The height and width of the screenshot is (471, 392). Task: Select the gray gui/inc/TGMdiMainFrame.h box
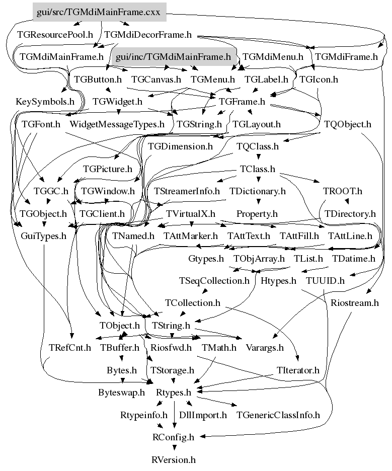click(173, 57)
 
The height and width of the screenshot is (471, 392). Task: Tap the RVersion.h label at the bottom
click(173, 459)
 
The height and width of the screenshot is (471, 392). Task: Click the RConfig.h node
click(173, 437)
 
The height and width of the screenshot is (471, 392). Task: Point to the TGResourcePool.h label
click(55, 35)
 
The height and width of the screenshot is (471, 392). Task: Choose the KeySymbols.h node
click(45, 101)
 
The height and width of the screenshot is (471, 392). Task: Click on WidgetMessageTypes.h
click(117, 123)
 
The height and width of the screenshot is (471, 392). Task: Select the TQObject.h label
click(348, 123)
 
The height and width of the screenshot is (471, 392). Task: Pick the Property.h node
click(257, 214)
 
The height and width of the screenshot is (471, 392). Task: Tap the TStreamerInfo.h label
click(187, 191)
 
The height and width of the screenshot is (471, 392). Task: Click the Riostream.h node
click(354, 303)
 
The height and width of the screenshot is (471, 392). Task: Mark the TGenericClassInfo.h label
click(278, 415)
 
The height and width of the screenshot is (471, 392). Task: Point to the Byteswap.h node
click(121, 392)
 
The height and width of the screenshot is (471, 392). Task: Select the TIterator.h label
click(298, 370)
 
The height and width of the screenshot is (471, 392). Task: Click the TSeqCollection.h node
click(214, 280)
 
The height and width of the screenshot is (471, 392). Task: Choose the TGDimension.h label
click(180, 146)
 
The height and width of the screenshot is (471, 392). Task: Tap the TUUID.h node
click(325, 280)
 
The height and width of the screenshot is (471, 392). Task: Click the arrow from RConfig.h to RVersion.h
click(173, 448)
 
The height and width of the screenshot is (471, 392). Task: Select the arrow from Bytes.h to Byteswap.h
click(122, 381)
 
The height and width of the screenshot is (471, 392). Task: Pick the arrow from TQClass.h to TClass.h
click(258, 158)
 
